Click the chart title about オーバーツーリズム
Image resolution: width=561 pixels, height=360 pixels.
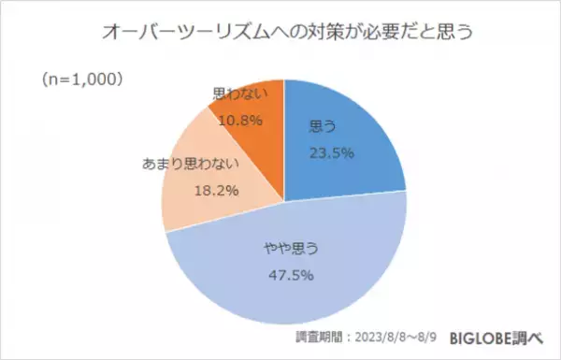pyautogui.click(x=280, y=32)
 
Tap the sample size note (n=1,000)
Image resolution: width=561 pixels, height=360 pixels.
pyautogui.click(x=79, y=81)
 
